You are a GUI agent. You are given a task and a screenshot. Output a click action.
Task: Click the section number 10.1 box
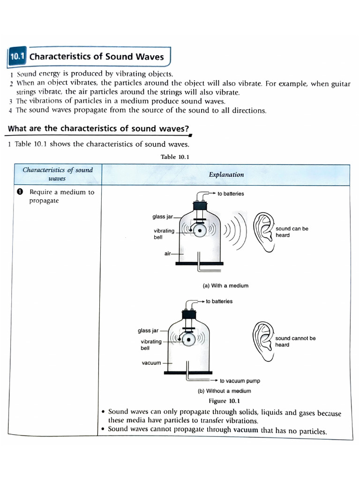point(17,57)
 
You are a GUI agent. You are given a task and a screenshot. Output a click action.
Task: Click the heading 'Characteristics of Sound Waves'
point(97,57)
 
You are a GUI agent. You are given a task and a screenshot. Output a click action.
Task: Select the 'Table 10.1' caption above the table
point(175,157)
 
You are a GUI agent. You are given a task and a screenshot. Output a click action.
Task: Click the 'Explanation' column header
point(226,174)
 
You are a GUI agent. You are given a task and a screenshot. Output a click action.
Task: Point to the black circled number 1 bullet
point(20,192)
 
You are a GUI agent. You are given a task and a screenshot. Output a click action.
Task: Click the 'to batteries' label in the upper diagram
point(231,194)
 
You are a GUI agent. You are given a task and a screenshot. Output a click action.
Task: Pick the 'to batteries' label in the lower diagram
point(219,301)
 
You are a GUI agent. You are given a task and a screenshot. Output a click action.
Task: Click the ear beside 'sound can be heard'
point(263,230)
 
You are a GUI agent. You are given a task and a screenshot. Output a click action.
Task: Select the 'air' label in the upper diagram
point(168,253)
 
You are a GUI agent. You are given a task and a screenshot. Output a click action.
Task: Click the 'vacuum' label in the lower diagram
point(151,363)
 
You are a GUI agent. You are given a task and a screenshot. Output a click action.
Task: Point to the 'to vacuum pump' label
point(240,381)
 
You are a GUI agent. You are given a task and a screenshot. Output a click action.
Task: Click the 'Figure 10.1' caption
point(224,401)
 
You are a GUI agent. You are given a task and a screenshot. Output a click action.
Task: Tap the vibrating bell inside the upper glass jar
point(200,230)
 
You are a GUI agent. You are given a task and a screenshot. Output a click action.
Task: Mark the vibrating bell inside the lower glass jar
point(188,338)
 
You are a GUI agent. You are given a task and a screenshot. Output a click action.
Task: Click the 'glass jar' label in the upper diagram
point(163,217)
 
